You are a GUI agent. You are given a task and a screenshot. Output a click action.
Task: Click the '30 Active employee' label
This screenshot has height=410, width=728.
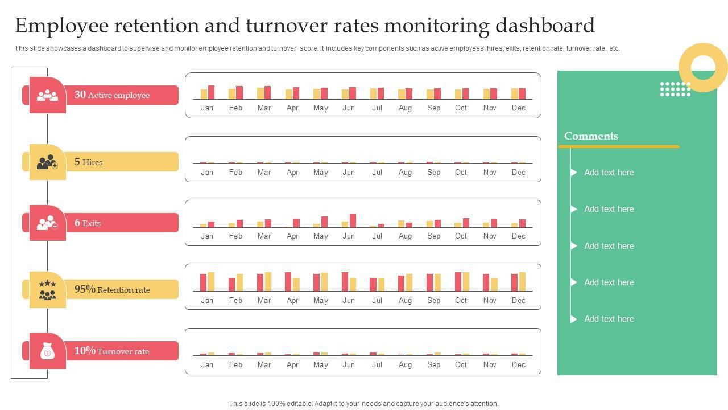click(x=112, y=95)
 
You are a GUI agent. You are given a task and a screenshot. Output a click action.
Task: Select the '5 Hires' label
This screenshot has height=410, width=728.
click(x=89, y=162)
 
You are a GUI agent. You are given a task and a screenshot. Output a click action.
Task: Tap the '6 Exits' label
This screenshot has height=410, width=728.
click(x=88, y=223)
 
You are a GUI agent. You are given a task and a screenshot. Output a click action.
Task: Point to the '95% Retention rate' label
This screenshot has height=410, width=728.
click(x=113, y=290)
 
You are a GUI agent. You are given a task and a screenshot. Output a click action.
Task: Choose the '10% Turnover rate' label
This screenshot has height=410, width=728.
click(x=111, y=351)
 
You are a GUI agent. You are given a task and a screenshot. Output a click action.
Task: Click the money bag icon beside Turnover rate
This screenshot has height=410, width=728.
click(x=48, y=352)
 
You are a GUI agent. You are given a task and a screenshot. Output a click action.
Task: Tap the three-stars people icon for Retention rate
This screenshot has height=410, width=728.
click(x=48, y=290)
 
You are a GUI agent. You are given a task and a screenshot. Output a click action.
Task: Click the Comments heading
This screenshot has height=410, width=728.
click(x=591, y=136)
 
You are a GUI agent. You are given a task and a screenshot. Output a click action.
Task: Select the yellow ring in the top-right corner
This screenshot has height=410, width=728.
click(x=703, y=68)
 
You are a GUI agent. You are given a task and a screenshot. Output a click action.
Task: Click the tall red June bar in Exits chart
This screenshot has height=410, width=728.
click(x=353, y=220)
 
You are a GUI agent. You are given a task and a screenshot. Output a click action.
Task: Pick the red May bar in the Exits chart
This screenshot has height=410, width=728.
click(x=324, y=222)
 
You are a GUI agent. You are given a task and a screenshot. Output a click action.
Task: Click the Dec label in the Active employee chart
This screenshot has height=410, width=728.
click(x=518, y=108)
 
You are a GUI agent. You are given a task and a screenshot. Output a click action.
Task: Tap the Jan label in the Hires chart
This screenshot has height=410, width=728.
click(x=207, y=173)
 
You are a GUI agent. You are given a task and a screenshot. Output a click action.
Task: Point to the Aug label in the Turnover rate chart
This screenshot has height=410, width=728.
click(x=405, y=365)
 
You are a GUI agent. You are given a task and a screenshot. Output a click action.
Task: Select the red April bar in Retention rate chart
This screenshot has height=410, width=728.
click(x=288, y=281)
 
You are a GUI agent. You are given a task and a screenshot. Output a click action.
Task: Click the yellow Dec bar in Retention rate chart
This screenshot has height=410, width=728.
click(x=522, y=281)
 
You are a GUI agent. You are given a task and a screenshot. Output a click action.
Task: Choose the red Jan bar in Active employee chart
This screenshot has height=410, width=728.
click(x=211, y=92)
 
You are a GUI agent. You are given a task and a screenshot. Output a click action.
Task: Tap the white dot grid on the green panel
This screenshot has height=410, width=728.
click(x=675, y=89)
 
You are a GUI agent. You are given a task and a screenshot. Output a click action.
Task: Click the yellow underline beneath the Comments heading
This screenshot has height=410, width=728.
click(x=619, y=147)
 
